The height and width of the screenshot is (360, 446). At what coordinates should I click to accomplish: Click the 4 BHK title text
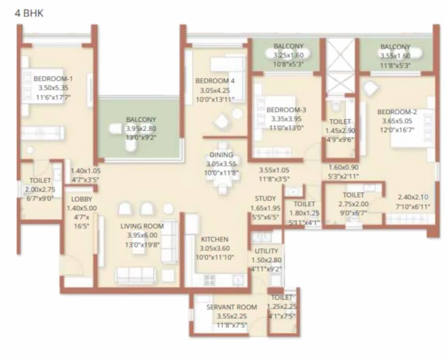(30, 13)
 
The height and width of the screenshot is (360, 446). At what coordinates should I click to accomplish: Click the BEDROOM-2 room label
(397, 112)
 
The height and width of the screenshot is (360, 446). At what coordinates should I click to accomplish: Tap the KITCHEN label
(215, 239)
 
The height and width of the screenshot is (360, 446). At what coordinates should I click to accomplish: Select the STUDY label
(265, 199)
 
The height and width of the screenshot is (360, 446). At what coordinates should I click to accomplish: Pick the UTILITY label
(266, 251)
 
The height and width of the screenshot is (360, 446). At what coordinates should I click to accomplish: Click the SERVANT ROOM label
(232, 307)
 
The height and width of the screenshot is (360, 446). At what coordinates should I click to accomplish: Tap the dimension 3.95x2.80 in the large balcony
(141, 128)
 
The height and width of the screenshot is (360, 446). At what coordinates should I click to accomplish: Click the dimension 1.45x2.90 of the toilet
(340, 130)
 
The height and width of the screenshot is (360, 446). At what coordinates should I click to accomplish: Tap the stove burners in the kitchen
(209, 280)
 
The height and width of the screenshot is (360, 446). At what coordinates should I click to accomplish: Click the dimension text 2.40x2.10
(413, 197)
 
